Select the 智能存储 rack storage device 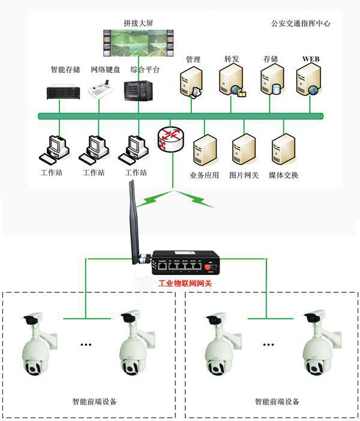tap(63, 91)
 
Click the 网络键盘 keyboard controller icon tap(101, 91)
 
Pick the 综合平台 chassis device tap(137, 90)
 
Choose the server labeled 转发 tap(231, 82)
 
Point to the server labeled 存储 tap(271, 82)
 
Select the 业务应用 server tap(204, 151)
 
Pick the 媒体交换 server tap(283, 151)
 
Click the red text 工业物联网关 tap(185, 283)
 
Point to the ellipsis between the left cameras tap(86, 344)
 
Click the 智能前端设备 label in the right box tap(277, 401)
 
